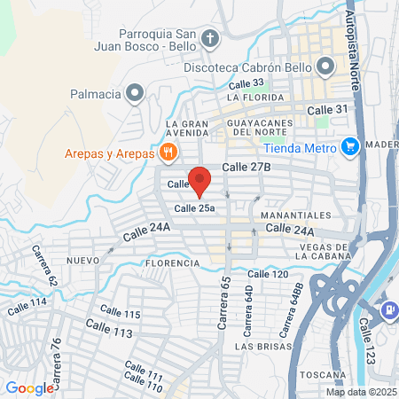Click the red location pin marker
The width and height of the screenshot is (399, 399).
tap(200, 179)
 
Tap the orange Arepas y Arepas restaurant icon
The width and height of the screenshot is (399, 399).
tap(167, 153)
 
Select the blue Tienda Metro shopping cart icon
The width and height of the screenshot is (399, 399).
tap(349, 145)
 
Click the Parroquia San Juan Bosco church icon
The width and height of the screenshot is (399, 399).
tap(210, 38)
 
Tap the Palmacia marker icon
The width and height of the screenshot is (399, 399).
tap(135, 91)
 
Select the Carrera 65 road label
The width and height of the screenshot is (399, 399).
tap(224, 304)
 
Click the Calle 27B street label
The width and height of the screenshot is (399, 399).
tap(246, 166)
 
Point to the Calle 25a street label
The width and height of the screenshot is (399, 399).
tap(195, 207)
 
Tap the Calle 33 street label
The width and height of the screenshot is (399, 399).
tap(246, 83)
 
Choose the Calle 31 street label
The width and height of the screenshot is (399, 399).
tap(324, 108)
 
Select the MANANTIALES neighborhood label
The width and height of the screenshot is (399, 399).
tap(297, 215)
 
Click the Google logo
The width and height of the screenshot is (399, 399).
tap(29, 387)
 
